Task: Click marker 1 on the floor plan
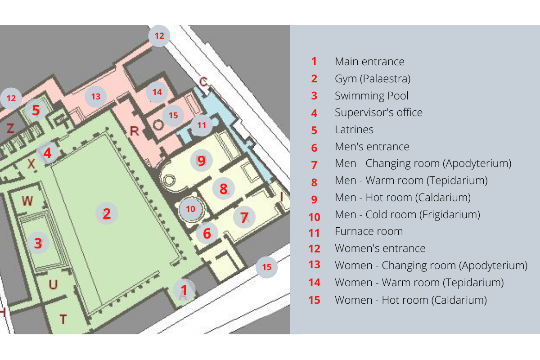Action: tap(184, 290)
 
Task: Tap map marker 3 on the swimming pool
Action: tap(38, 243)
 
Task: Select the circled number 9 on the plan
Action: tap(201, 161)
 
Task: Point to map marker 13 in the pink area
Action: tap(96, 96)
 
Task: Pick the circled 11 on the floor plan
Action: tap(202, 126)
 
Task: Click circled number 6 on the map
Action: tap(207, 233)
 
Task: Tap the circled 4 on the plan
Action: tap(47, 153)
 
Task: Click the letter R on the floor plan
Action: tap(134, 131)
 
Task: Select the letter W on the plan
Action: tap(27, 201)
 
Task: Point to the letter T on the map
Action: tap(63, 319)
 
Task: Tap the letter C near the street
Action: tap(203, 81)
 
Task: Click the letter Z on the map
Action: tap(10, 128)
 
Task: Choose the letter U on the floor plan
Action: tap(53, 284)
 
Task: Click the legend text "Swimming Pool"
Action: tap(372, 96)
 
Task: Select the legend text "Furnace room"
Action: tap(369, 231)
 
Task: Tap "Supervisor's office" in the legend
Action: tap(378, 112)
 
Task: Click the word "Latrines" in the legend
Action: tap(354, 130)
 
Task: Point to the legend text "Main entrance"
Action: tap(369, 62)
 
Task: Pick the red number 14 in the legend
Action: tap(315, 282)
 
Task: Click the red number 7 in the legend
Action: tap(314, 165)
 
